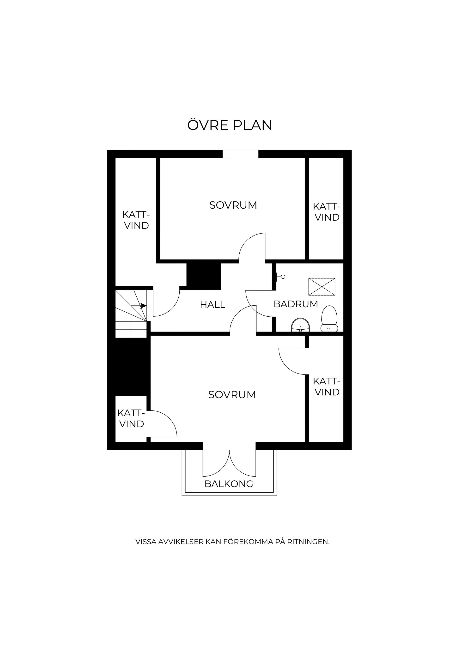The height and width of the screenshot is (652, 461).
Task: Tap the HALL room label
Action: (212, 305)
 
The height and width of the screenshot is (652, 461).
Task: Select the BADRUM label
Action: (296, 304)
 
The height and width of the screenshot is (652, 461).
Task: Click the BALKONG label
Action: (229, 484)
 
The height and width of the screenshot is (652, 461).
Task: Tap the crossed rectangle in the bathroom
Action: (322, 287)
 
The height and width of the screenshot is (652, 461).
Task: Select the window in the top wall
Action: (240, 154)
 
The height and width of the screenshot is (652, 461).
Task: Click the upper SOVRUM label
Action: (233, 205)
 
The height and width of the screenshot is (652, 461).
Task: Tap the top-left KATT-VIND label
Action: (136, 220)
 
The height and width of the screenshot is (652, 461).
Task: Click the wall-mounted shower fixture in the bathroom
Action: (280, 277)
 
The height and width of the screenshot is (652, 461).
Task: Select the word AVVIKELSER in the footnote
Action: (181, 542)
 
